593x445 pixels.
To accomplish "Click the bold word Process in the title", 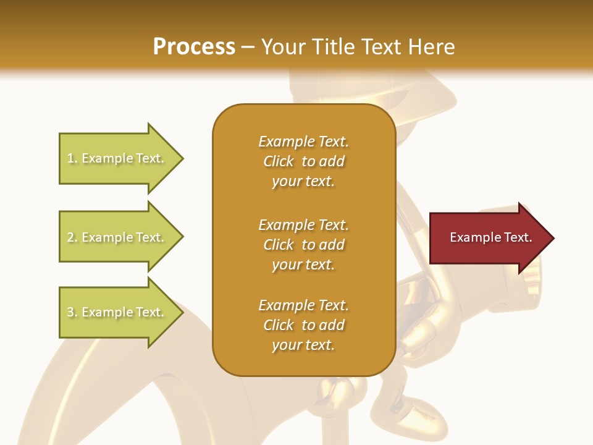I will [x=194, y=47].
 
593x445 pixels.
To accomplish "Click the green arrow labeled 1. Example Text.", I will [x=117, y=158].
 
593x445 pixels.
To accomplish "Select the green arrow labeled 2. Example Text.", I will [x=117, y=237].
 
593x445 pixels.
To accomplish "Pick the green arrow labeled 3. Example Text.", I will [x=117, y=312].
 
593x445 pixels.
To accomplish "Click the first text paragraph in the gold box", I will [x=303, y=161].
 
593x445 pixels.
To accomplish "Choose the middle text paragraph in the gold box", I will [x=303, y=245].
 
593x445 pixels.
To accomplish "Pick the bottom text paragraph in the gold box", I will [x=303, y=325].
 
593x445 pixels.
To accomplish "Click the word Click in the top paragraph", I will [x=279, y=161].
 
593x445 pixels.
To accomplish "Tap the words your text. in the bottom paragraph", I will [x=303, y=345].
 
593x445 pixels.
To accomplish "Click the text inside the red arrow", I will [x=490, y=237].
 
